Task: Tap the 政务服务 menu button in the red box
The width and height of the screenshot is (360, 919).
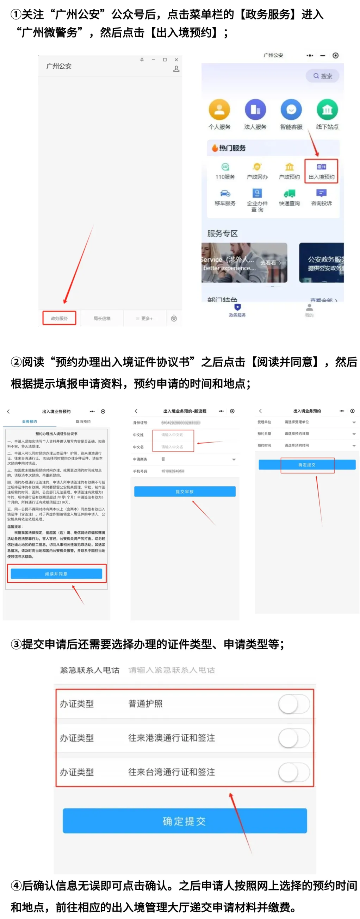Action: [x=59, y=318]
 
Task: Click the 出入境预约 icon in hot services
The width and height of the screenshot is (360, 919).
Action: [x=321, y=170]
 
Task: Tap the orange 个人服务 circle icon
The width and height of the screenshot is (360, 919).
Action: [x=219, y=110]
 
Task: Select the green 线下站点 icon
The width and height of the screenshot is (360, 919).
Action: [x=327, y=110]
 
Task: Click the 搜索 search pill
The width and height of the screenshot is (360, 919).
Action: [x=322, y=76]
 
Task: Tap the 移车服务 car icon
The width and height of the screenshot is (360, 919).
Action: [x=225, y=194]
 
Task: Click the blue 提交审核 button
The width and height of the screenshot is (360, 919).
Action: [x=185, y=491]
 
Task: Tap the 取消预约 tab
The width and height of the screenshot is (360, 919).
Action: [x=83, y=421]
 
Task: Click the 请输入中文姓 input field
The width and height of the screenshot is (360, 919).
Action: [x=173, y=435]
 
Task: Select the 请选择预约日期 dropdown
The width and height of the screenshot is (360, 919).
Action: [x=319, y=433]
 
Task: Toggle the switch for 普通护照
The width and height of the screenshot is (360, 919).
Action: [x=294, y=704]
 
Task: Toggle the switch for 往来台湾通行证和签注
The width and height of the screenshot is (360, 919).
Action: [x=294, y=772]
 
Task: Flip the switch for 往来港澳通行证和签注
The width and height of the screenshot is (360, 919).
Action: [x=294, y=738]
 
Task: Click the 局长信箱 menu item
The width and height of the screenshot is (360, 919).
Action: [x=102, y=318]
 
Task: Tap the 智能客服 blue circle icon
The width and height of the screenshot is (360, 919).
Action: [x=291, y=110]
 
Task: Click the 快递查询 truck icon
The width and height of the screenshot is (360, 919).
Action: [x=289, y=194]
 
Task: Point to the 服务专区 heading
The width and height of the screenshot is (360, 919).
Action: [x=222, y=233]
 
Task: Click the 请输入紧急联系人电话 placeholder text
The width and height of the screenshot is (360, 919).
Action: [x=171, y=670]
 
